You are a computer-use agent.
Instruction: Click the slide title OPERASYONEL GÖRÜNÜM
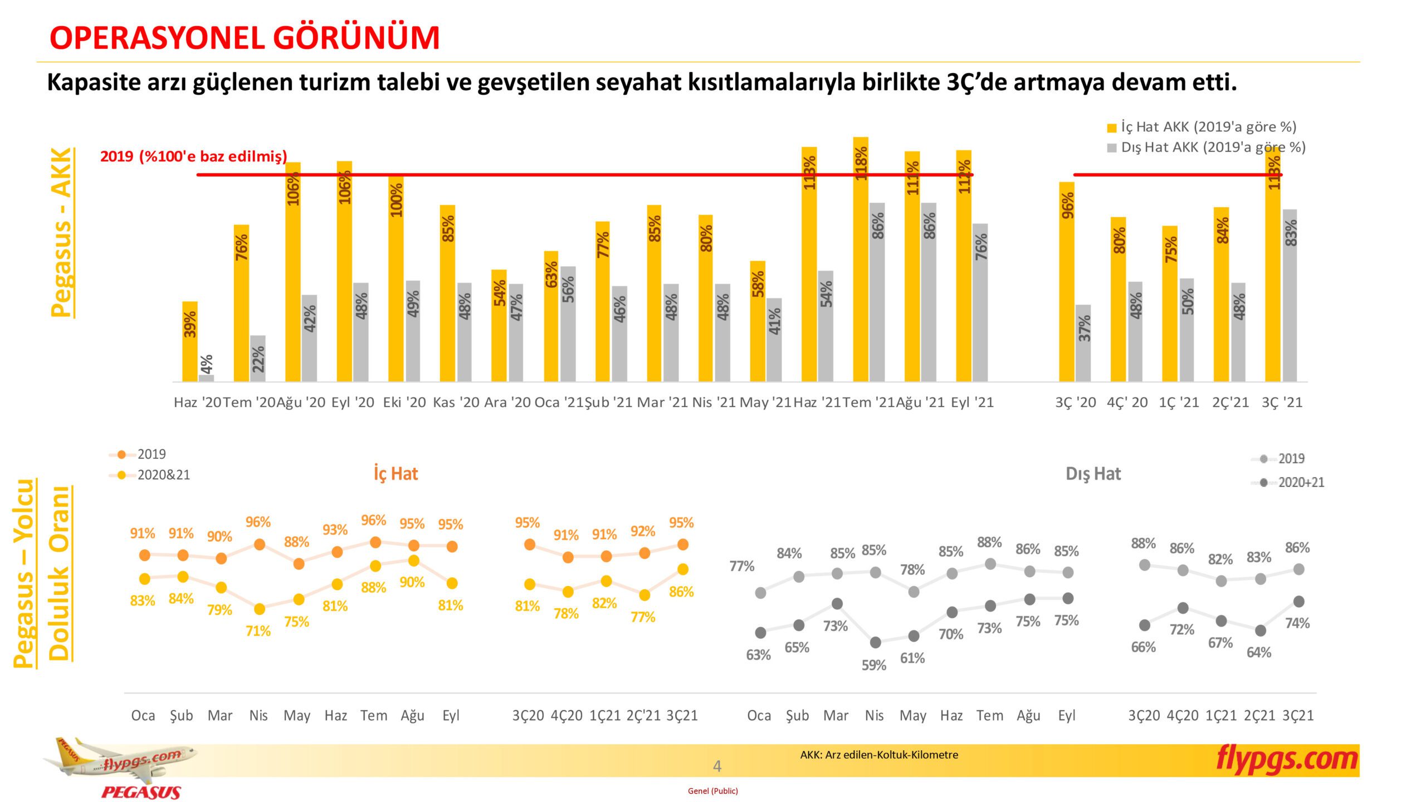coord(245,38)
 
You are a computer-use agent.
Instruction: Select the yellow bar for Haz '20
coord(190,341)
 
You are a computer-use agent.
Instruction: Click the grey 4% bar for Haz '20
coord(206,378)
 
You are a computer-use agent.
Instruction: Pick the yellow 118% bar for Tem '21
coord(861,259)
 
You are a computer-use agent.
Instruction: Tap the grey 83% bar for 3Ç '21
coord(1290,295)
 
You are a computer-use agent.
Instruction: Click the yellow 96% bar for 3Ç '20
coord(1066,281)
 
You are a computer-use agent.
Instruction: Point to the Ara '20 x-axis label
coord(507,402)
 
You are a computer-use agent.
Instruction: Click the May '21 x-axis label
coord(765,402)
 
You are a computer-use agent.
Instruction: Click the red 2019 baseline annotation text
coord(193,157)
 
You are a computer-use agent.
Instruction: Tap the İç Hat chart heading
coord(395,473)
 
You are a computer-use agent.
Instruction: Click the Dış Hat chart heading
coord(1093,474)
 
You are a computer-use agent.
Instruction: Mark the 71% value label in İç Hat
coord(258,631)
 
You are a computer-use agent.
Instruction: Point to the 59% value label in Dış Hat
coord(873,665)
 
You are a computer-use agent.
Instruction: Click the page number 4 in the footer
coord(717,766)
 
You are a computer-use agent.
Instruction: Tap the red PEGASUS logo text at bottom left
coord(141,792)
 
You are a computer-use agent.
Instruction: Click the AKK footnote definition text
coord(879,755)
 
